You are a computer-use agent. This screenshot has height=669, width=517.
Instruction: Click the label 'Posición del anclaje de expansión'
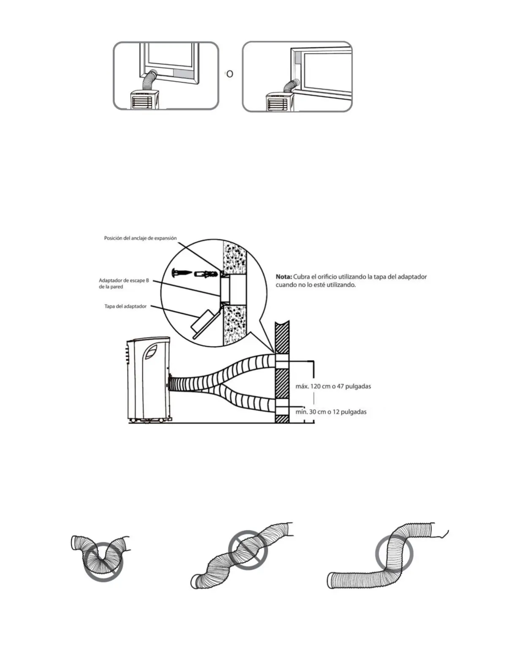(140, 238)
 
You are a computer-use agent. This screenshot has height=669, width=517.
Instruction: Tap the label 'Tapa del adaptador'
(125, 306)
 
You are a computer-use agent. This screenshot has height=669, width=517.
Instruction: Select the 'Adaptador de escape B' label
(124, 280)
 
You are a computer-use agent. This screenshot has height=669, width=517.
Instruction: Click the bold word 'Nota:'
(284, 277)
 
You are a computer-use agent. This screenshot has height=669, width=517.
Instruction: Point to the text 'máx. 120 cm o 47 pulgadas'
(333, 386)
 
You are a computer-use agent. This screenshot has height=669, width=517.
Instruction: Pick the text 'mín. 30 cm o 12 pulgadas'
(331, 412)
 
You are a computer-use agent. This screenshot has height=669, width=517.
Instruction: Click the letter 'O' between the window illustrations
(230, 74)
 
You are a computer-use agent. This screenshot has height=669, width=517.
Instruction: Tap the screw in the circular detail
(182, 273)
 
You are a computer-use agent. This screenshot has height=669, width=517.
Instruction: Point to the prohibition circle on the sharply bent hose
(103, 562)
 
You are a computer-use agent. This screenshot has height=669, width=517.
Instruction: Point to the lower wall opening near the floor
(282, 410)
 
